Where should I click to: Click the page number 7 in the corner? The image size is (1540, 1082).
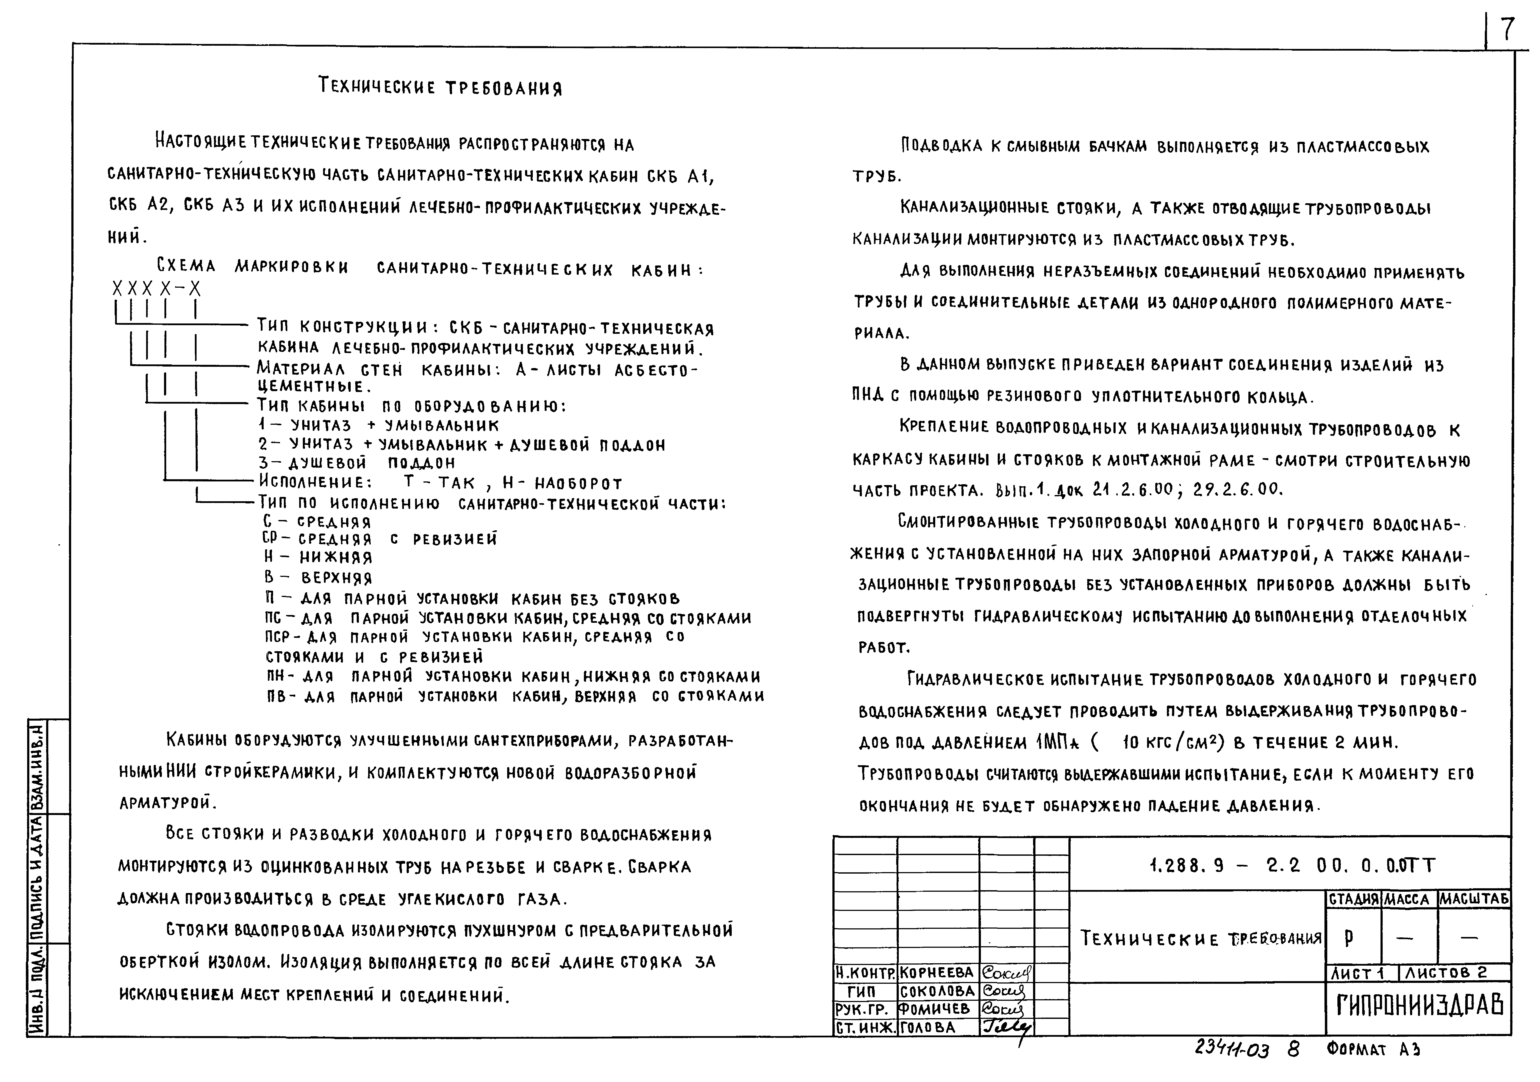pos(1506,30)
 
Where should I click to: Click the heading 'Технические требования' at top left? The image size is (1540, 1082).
pos(440,87)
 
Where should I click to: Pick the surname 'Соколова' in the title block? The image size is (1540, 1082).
pos(937,991)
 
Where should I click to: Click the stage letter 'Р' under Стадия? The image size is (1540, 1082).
pos(1349,937)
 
